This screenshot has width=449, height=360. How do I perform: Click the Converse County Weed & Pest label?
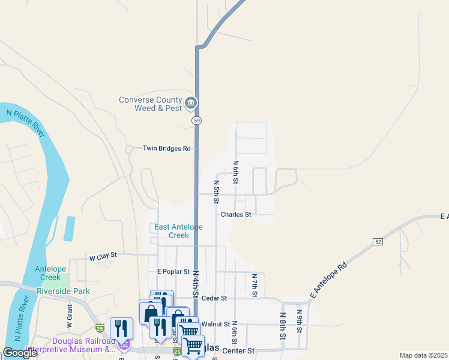tap(149, 104)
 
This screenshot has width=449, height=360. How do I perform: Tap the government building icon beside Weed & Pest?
tap(191, 104)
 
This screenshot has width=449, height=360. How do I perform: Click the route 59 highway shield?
tap(197, 121)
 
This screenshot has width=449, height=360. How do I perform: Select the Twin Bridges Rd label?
tap(166, 148)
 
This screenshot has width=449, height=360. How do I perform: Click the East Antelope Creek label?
tap(179, 231)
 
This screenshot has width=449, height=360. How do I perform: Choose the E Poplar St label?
tap(173, 272)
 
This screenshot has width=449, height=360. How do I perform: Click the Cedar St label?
tap(214, 298)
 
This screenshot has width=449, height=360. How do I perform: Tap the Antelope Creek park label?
tap(48, 273)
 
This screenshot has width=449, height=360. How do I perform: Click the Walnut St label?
tap(216, 324)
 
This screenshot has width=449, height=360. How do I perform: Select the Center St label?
tap(238, 350)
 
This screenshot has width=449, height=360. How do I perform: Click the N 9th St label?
tap(300, 322)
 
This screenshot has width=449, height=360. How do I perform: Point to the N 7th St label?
tap(255, 285)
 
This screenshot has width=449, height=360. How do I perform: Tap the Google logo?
tap(20, 353)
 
